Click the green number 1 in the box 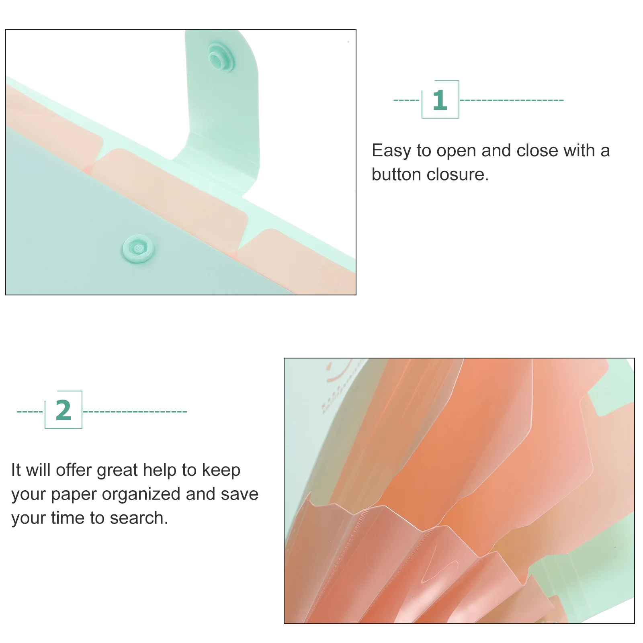click(440, 100)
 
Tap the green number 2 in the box click(63, 410)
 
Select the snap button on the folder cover click(138, 248)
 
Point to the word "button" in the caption click(396, 175)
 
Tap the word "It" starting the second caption click(16, 470)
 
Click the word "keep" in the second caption click(221, 471)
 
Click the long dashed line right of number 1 click(512, 100)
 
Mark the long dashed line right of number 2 click(135, 412)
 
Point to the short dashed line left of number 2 click(30, 412)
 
